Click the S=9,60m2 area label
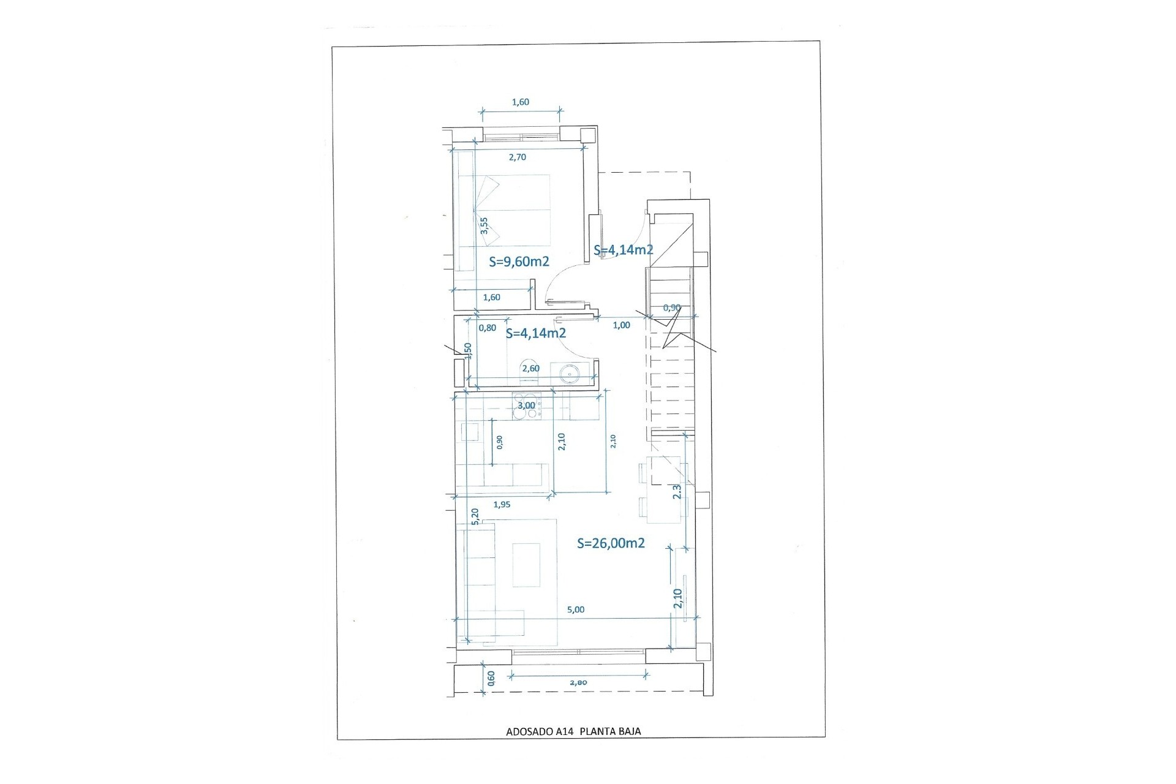[x=519, y=262]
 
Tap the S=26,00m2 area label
[x=611, y=543]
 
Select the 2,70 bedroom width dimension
[x=518, y=157]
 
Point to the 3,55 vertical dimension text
[x=484, y=225]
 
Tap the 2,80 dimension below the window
[x=578, y=682]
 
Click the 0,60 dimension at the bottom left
[x=491, y=677]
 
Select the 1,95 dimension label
[x=502, y=505]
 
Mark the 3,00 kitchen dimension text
[x=526, y=405]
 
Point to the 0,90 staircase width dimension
[x=672, y=307]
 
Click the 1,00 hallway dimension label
[x=621, y=325]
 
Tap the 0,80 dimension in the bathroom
[x=488, y=328]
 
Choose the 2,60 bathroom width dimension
[x=530, y=369]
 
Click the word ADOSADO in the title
[x=527, y=731]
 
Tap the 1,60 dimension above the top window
[x=520, y=102]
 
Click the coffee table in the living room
[x=527, y=565]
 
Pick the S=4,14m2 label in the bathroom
[x=535, y=334]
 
